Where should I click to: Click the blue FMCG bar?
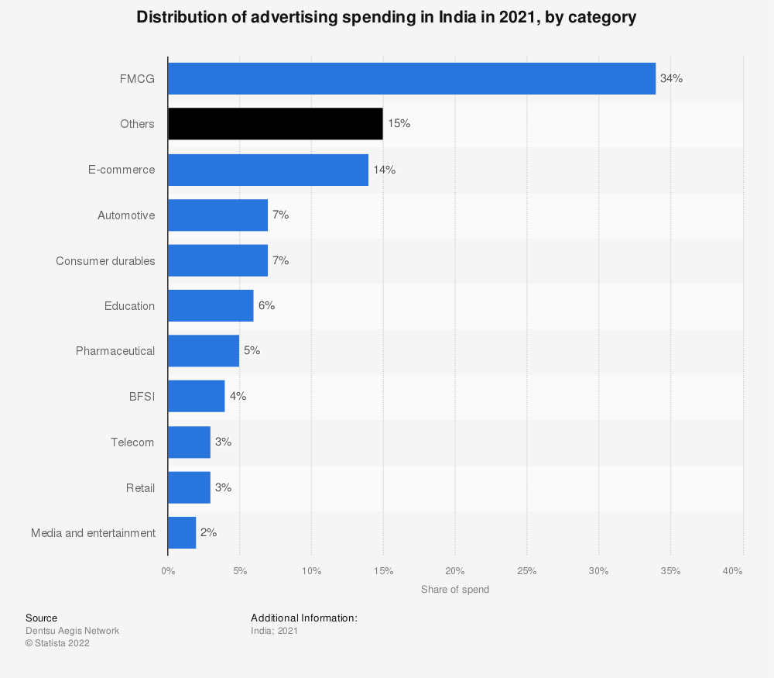pos(411,78)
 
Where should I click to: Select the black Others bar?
pos(275,124)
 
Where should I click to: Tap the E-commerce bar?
pos(268,170)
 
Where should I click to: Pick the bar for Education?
pos(211,306)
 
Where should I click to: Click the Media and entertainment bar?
pos(182,533)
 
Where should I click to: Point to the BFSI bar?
pos(196,397)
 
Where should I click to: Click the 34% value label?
pos(671,78)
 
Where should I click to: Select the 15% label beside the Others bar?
pos(399,124)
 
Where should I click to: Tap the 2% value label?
pos(208,533)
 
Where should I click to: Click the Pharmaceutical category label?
pos(115,351)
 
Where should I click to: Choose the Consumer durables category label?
pos(105,261)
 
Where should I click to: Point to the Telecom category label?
pos(132,442)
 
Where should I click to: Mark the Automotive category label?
pos(126,215)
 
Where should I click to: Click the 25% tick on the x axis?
pos(527,571)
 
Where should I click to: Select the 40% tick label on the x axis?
pos(733,571)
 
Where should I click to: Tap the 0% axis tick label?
pos(168,571)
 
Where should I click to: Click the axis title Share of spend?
pos(455,590)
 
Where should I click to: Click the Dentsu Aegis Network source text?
pos(72,631)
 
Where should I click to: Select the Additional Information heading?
pos(304,618)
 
